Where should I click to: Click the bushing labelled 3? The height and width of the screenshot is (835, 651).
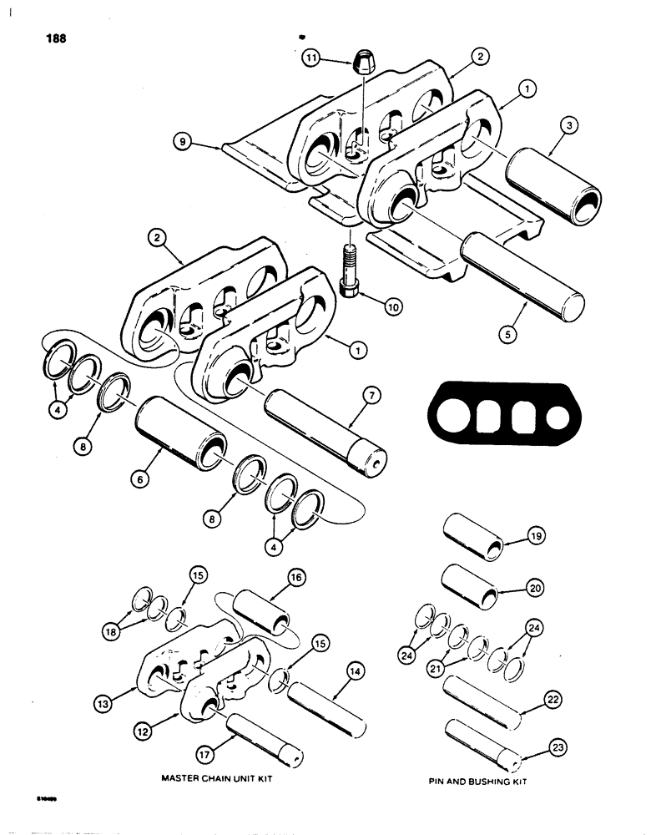(558, 186)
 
